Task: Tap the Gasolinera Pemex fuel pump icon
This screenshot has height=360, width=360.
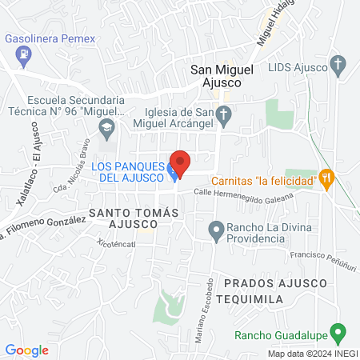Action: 24,55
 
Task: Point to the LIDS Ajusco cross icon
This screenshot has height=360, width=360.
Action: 338,64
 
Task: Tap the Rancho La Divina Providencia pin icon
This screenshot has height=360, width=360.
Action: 215,232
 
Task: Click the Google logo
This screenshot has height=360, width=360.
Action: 27,350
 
